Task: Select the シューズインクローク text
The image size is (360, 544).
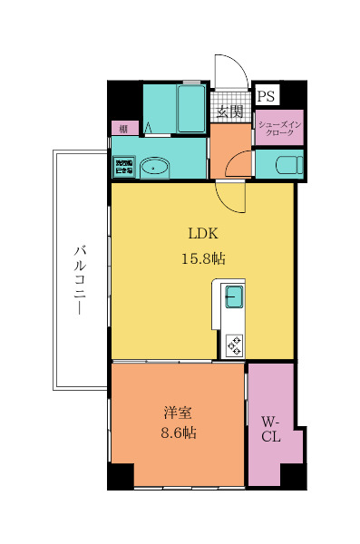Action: (x=279, y=128)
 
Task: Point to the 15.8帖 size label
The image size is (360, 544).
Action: (x=202, y=258)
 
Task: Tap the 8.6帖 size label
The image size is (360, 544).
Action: (x=176, y=432)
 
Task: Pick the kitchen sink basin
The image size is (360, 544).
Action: (x=234, y=296)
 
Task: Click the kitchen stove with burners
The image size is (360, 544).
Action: (x=235, y=344)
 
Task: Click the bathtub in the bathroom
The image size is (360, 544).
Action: (x=191, y=110)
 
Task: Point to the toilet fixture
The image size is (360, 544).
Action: (x=284, y=164)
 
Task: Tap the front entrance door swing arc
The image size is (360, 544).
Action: (x=230, y=73)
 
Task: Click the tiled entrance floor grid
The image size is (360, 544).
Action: (x=231, y=102)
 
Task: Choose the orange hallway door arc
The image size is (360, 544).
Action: (x=238, y=165)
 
